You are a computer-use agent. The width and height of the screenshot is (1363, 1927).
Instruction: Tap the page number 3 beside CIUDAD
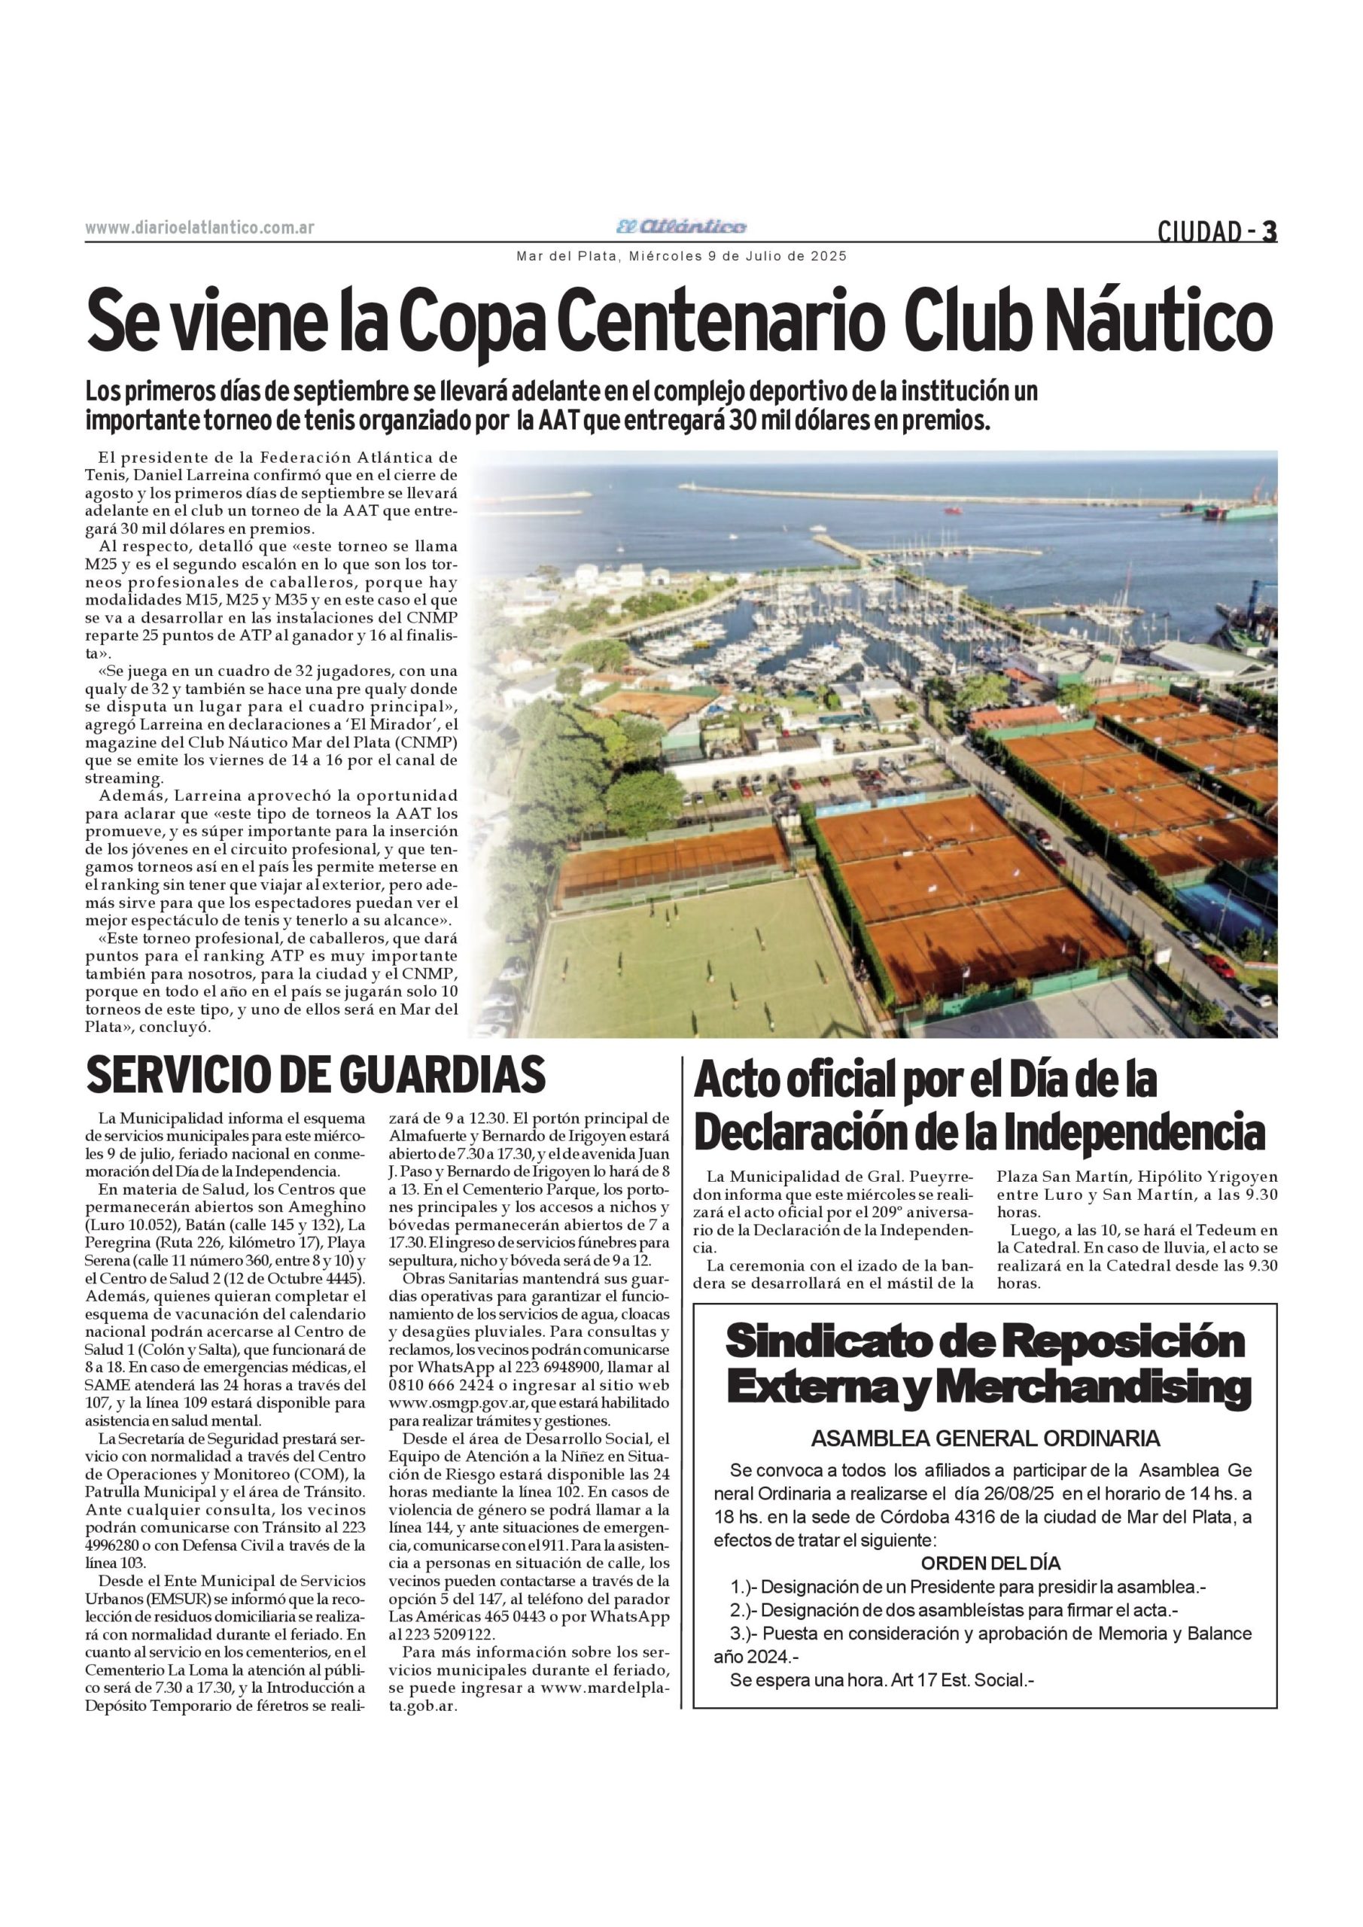(x=1270, y=231)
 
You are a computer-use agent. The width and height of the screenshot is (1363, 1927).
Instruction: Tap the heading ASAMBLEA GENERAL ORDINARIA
(x=985, y=1438)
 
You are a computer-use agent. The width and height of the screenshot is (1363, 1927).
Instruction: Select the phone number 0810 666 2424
(x=431, y=1385)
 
